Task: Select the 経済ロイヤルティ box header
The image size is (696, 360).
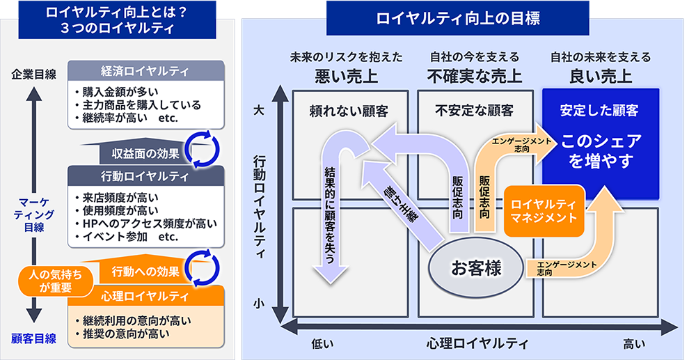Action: (x=145, y=70)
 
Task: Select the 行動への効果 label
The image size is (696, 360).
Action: (x=145, y=270)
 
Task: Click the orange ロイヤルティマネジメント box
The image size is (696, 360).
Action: (x=544, y=210)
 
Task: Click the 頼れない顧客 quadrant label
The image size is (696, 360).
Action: (x=349, y=110)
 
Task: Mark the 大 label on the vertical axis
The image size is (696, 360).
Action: (x=259, y=110)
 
